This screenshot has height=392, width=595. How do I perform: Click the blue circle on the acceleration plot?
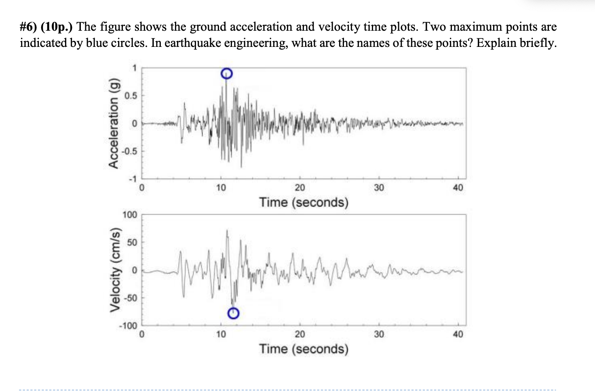227,73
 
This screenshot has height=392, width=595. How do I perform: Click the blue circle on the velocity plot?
233,313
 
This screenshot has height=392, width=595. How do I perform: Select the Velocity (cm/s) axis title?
115,270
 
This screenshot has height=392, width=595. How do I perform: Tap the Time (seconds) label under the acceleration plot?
304,202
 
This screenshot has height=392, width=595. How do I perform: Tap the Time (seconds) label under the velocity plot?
304,348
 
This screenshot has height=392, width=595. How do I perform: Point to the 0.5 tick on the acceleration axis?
131,96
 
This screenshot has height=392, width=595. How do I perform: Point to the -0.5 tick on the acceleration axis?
130,151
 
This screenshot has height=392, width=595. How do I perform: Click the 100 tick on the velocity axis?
130,215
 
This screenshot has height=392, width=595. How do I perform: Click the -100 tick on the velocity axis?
129,326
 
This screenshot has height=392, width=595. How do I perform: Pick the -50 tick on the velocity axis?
130,298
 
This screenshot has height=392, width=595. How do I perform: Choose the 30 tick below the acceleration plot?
379,188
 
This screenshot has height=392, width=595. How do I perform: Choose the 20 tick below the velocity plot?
300,334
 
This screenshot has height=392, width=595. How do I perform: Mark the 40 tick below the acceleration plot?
458,188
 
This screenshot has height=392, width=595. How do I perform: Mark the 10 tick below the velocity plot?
221,334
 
